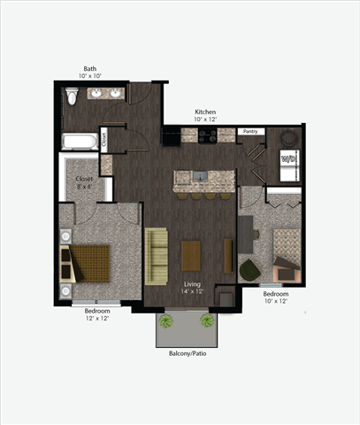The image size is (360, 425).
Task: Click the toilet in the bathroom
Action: click(73, 95)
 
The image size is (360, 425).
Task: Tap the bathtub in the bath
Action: click(80, 140)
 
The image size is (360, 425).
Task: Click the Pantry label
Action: click(251, 131)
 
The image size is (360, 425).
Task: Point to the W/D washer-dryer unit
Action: click(288, 158)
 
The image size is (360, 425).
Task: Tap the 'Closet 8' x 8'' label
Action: click(84, 182)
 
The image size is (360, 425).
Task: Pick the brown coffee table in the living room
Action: click(192, 255)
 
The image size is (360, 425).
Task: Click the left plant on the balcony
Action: click(165, 321)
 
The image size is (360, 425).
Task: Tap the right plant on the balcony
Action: click(208, 321)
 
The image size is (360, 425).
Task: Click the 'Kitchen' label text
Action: click(205, 112)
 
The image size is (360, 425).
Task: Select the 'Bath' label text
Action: click(90, 68)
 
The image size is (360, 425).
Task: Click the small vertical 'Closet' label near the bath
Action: click(103, 137)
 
